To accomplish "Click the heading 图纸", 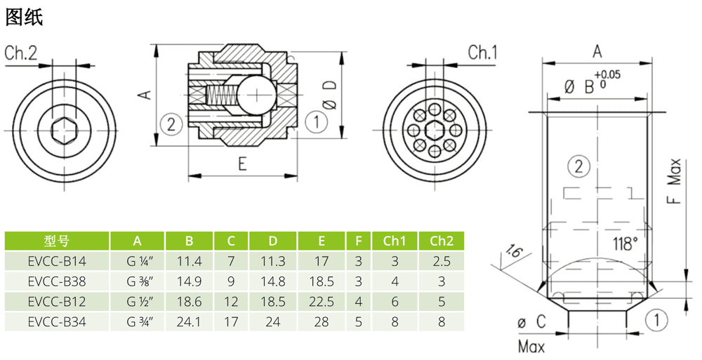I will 25,18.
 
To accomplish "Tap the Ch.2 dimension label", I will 21,53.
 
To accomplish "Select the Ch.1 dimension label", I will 482,53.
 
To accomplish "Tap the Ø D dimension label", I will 329,93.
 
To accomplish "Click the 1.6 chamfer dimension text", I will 515,253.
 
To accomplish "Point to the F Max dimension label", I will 674,184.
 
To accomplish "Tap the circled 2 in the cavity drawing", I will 577,167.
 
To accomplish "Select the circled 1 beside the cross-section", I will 317,122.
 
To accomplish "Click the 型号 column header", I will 56,241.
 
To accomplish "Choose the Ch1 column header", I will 395,241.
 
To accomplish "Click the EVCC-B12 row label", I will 56,302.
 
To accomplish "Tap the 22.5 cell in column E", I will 322,302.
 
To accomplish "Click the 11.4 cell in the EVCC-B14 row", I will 189,262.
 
